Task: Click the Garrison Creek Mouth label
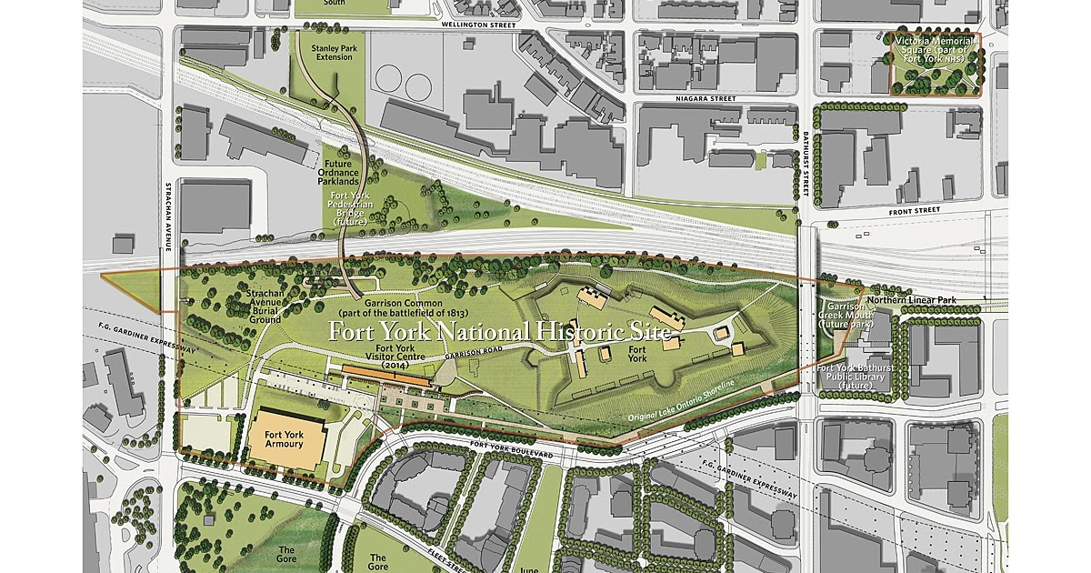pyautogui.click(x=845, y=315)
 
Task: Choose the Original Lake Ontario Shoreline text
pyautogui.click(x=690, y=402)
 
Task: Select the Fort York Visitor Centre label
pyautogui.click(x=396, y=355)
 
